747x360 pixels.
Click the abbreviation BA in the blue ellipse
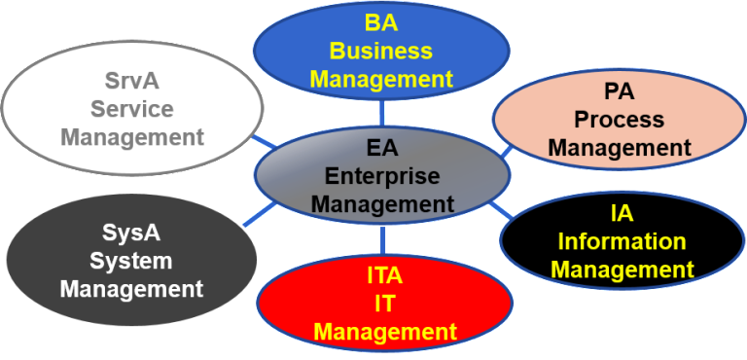(x=381, y=22)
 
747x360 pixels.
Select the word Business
(x=381, y=50)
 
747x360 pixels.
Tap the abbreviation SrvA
(x=131, y=83)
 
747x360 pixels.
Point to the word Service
(x=131, y=109)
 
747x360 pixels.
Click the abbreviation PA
(x=619, y=92)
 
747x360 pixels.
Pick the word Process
(x=619, y=120)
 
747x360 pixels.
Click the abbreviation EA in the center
(x=382, y=149)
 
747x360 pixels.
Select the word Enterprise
(x=382, y=176)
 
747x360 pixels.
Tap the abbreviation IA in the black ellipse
(x=622, y=213)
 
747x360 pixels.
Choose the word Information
(x=622, y=241)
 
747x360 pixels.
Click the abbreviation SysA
(x=131, y=234)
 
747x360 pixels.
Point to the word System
(x=131, y=261)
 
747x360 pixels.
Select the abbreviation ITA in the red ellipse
(x=385, y=275)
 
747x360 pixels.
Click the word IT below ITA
(x=385, y=304)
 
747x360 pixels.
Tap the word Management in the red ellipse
(x=385, y=332)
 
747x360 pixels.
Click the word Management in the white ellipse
(x=132, y=137)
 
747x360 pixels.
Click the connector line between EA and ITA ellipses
(x=383, y=239)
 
